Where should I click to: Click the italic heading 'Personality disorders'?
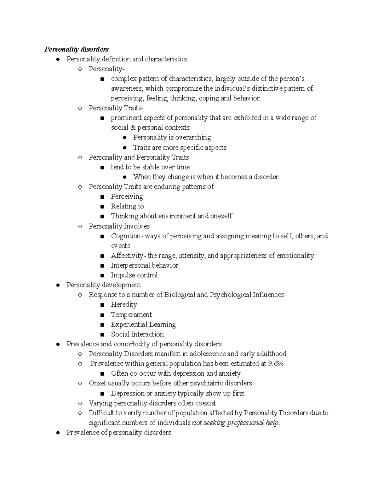click(77, 49)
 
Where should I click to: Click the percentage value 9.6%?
click(276, 364)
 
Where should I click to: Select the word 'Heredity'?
click(124, 304)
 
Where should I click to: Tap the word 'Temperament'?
click(131, 315)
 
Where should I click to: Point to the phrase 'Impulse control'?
click(134, 275)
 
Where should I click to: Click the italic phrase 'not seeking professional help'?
click(235, 423)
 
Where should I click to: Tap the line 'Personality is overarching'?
click(172, 137)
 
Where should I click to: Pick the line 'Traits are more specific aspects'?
click(180, 147)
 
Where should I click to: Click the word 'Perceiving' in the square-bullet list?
click(127, 196)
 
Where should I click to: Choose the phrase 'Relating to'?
click(127, 206)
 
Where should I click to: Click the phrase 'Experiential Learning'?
click(143, 324)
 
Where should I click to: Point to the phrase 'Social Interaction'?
click(137, 334)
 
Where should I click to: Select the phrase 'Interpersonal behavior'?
click(145, 265)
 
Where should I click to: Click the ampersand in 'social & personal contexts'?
click(132, 128)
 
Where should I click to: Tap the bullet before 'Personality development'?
click(58, 285)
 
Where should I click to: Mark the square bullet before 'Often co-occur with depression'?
click(102, 374)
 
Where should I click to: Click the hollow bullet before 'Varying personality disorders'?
click(80, 403)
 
